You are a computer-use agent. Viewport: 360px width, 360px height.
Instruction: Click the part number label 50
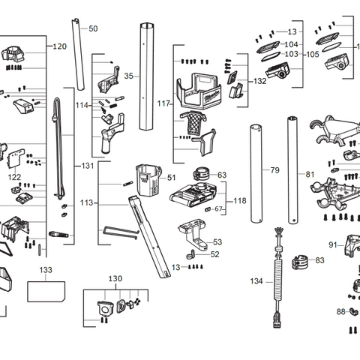pyautogui.click(x=93, y=28)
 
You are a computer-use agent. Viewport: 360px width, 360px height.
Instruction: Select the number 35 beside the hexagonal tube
pyautogui.click(x=128, y=76)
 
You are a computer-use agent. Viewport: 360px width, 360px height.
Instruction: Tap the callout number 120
pyautogui.click(x=60, y=46)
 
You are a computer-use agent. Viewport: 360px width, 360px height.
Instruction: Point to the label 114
pyautogui.click(x=81, y=105)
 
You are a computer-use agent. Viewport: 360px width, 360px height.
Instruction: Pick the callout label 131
pyautogui.click(x=88, y=165)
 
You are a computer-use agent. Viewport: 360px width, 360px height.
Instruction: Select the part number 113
pyautogui.click(x=88, y=202)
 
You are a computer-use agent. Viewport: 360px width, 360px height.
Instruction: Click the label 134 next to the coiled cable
pyautogui.click(x=257, y=281)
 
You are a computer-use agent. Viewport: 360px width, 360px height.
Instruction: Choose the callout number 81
pyautogui.click(x=310, y=174)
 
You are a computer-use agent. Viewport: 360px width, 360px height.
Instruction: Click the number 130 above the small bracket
pyautogui.click(x=115, y=278)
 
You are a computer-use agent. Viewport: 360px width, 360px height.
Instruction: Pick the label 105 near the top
pyautogui.click(x=312, y=55)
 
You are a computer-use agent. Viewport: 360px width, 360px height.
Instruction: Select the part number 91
pyautogui.click(x=332, y=244)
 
